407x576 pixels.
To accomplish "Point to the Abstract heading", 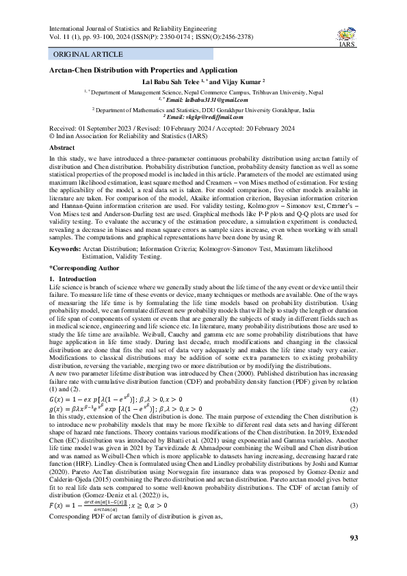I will tap(62, 147).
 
